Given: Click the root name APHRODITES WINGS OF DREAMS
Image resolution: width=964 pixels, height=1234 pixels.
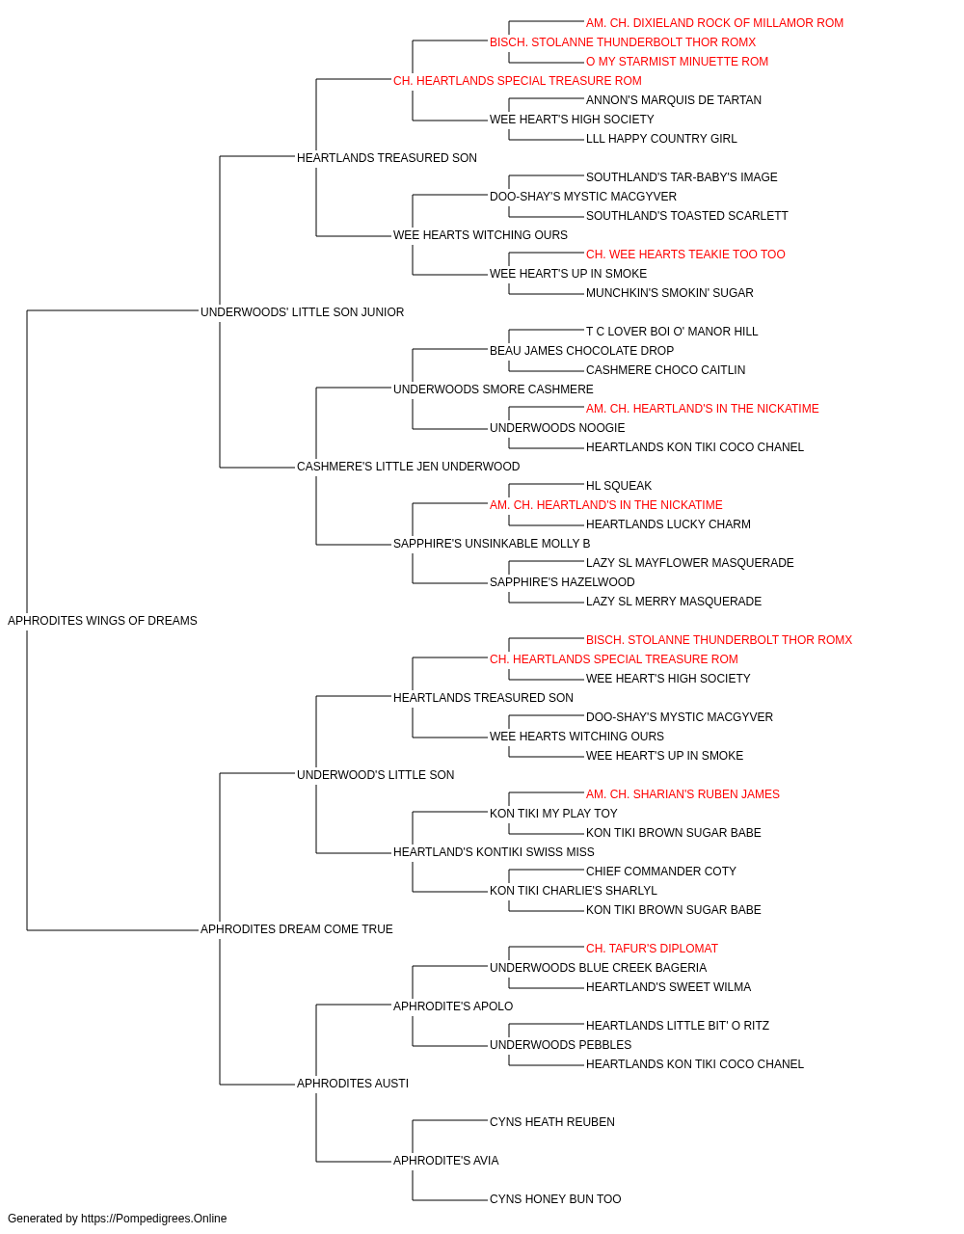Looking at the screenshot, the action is (102, 621).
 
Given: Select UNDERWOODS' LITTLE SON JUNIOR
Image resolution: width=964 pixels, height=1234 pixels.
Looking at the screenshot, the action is (302, 312).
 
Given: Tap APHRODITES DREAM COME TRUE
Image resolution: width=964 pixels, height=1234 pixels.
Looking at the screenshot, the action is (296, 929).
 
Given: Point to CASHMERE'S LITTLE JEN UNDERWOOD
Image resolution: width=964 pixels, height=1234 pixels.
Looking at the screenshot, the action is (408, 467).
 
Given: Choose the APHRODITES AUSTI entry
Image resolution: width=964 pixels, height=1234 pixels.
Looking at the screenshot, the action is (353, 1084).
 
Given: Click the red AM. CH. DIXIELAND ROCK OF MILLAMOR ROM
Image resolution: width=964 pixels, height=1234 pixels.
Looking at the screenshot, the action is (714, 23).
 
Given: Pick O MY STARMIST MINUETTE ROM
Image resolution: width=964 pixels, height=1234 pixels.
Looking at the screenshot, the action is (677, 62).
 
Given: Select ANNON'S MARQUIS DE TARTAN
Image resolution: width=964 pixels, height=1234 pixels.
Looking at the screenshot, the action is (673, 100).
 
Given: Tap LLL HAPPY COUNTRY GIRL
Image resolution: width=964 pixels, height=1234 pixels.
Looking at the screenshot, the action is (661, 139).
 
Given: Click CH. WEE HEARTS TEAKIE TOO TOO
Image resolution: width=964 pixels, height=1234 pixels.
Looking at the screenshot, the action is (685, 255).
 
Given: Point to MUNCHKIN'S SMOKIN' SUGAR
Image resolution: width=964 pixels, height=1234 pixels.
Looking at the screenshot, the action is (669, 293).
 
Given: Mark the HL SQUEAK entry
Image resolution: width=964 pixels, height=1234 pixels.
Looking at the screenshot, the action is (619, 486).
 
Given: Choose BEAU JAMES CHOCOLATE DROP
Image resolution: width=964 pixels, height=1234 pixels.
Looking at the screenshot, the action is (581, 351).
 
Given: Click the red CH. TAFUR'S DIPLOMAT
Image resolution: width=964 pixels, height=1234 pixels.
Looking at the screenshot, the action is (652, 949).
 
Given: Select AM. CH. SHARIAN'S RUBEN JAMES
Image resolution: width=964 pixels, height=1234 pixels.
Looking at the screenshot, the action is (683, 794).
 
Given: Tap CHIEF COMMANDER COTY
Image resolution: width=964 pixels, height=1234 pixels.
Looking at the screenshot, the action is (661, 872).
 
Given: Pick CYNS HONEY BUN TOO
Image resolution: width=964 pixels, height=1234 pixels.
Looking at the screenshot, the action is (555, 1198).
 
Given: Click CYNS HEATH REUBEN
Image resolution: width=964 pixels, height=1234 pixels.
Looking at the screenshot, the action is (551, 1122).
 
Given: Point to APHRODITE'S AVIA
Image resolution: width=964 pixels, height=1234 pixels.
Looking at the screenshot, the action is (445, 1161).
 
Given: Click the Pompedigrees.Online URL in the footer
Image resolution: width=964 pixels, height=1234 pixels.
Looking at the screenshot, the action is (153, 1219).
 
